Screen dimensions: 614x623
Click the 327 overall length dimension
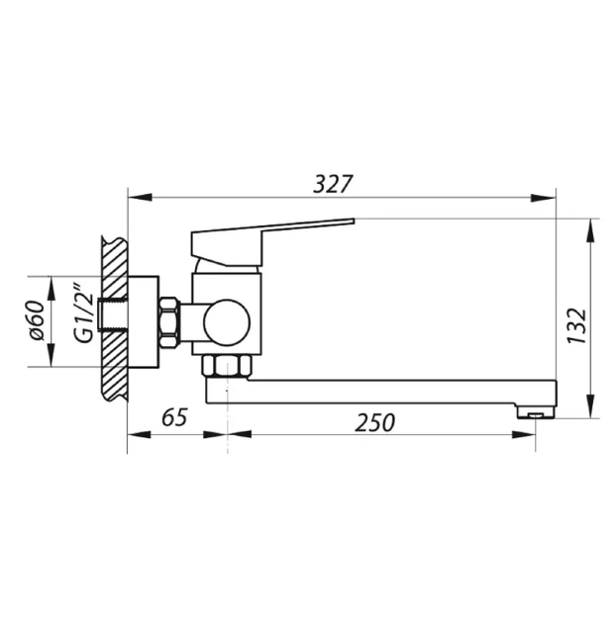coord(333,184)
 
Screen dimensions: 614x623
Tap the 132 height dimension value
coord(576,325)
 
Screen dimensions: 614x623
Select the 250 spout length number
coord(375,422)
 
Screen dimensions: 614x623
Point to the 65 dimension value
coord(174,417)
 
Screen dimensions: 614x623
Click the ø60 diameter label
coord(37,320)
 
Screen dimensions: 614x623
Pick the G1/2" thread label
coord(83,312)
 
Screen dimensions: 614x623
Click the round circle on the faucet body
coord(227,322)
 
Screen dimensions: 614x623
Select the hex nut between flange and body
coord(169,322)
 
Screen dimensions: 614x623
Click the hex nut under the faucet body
coord(227,366)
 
